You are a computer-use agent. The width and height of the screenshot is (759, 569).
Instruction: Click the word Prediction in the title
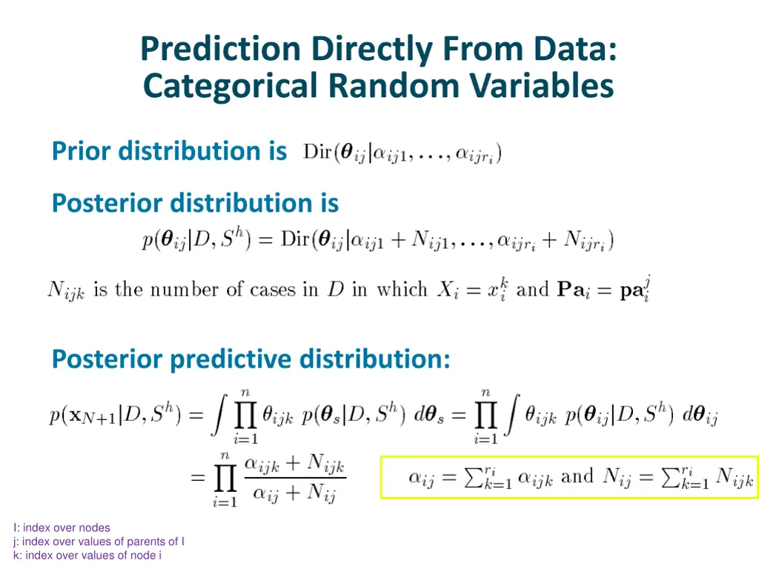pos(221,49)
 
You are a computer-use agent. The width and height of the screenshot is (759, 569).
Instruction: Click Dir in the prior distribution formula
pos(317,153)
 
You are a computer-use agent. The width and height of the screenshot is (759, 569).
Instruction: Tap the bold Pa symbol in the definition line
pos(571,289)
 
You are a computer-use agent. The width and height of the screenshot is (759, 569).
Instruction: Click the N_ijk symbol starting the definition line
pos(66,290)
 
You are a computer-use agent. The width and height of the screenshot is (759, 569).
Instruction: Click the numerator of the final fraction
pos(294,464)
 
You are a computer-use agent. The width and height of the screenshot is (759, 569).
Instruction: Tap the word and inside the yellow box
pos(577,476)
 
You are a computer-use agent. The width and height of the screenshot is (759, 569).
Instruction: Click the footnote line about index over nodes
pos(62,528)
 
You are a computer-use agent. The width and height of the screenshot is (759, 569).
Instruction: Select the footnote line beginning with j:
pos(99,542)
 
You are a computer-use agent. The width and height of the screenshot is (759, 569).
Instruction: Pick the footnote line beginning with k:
pos(87,556)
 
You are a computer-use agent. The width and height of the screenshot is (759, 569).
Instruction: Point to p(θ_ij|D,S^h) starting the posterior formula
pos(197,241)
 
